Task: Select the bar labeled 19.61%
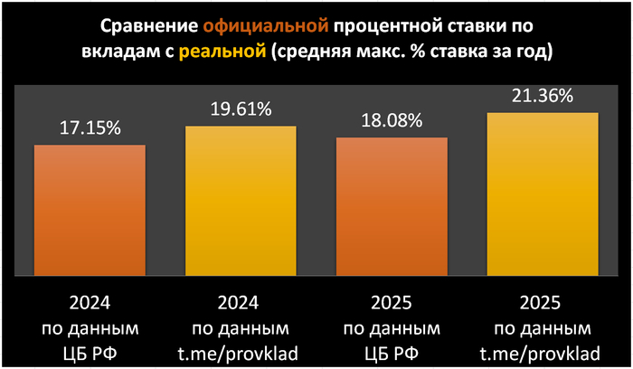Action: [241, 201]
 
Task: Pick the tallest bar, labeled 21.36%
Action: [543, 194]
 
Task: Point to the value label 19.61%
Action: [241, 110]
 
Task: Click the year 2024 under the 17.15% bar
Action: [90, 299]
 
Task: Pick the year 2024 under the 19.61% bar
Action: [241, 299]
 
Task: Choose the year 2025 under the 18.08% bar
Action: [392, 299]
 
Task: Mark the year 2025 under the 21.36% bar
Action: [543, 299]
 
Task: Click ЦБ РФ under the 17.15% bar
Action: [90, 348]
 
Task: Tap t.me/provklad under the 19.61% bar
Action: [241, 348]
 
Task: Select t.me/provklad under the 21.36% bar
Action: [543, 348]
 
